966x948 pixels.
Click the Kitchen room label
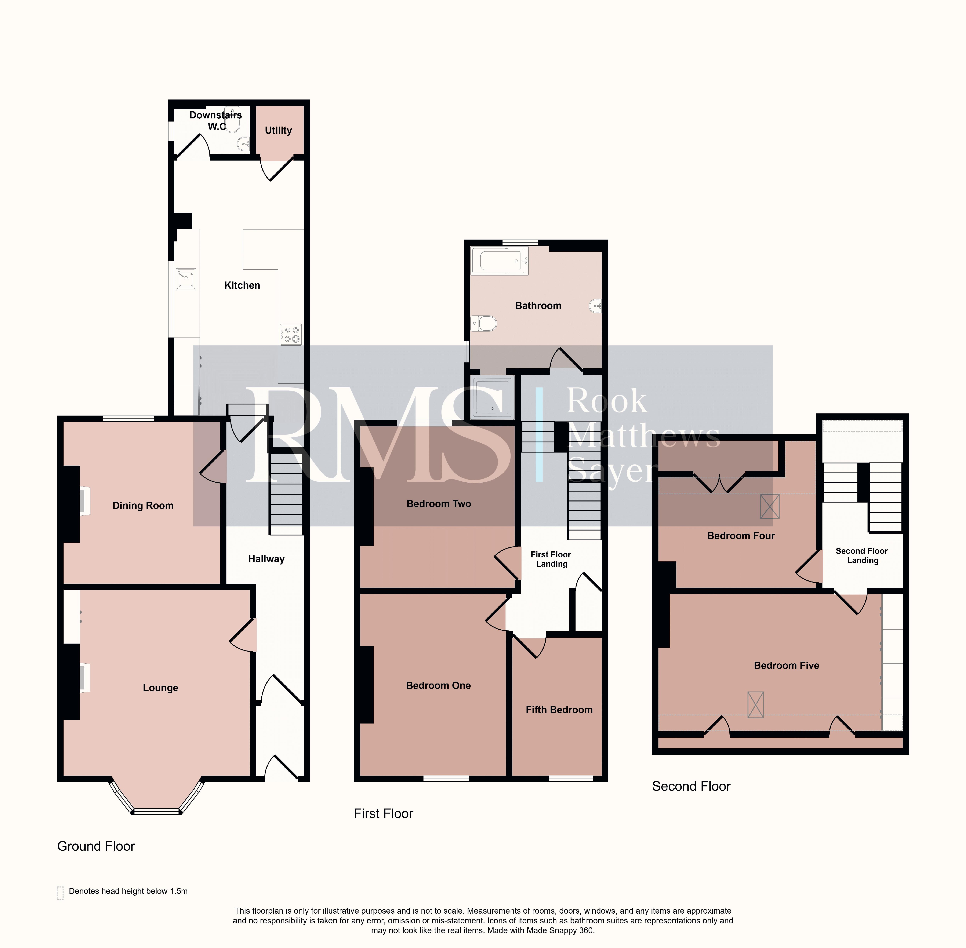242,285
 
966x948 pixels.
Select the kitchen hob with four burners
291,335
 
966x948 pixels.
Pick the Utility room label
278,130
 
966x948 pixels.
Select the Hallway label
266,559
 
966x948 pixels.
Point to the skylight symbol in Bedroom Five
755,705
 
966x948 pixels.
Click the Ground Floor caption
96,846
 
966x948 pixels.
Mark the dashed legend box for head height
60,893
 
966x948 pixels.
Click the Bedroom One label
438,686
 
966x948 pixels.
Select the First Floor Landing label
551,559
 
